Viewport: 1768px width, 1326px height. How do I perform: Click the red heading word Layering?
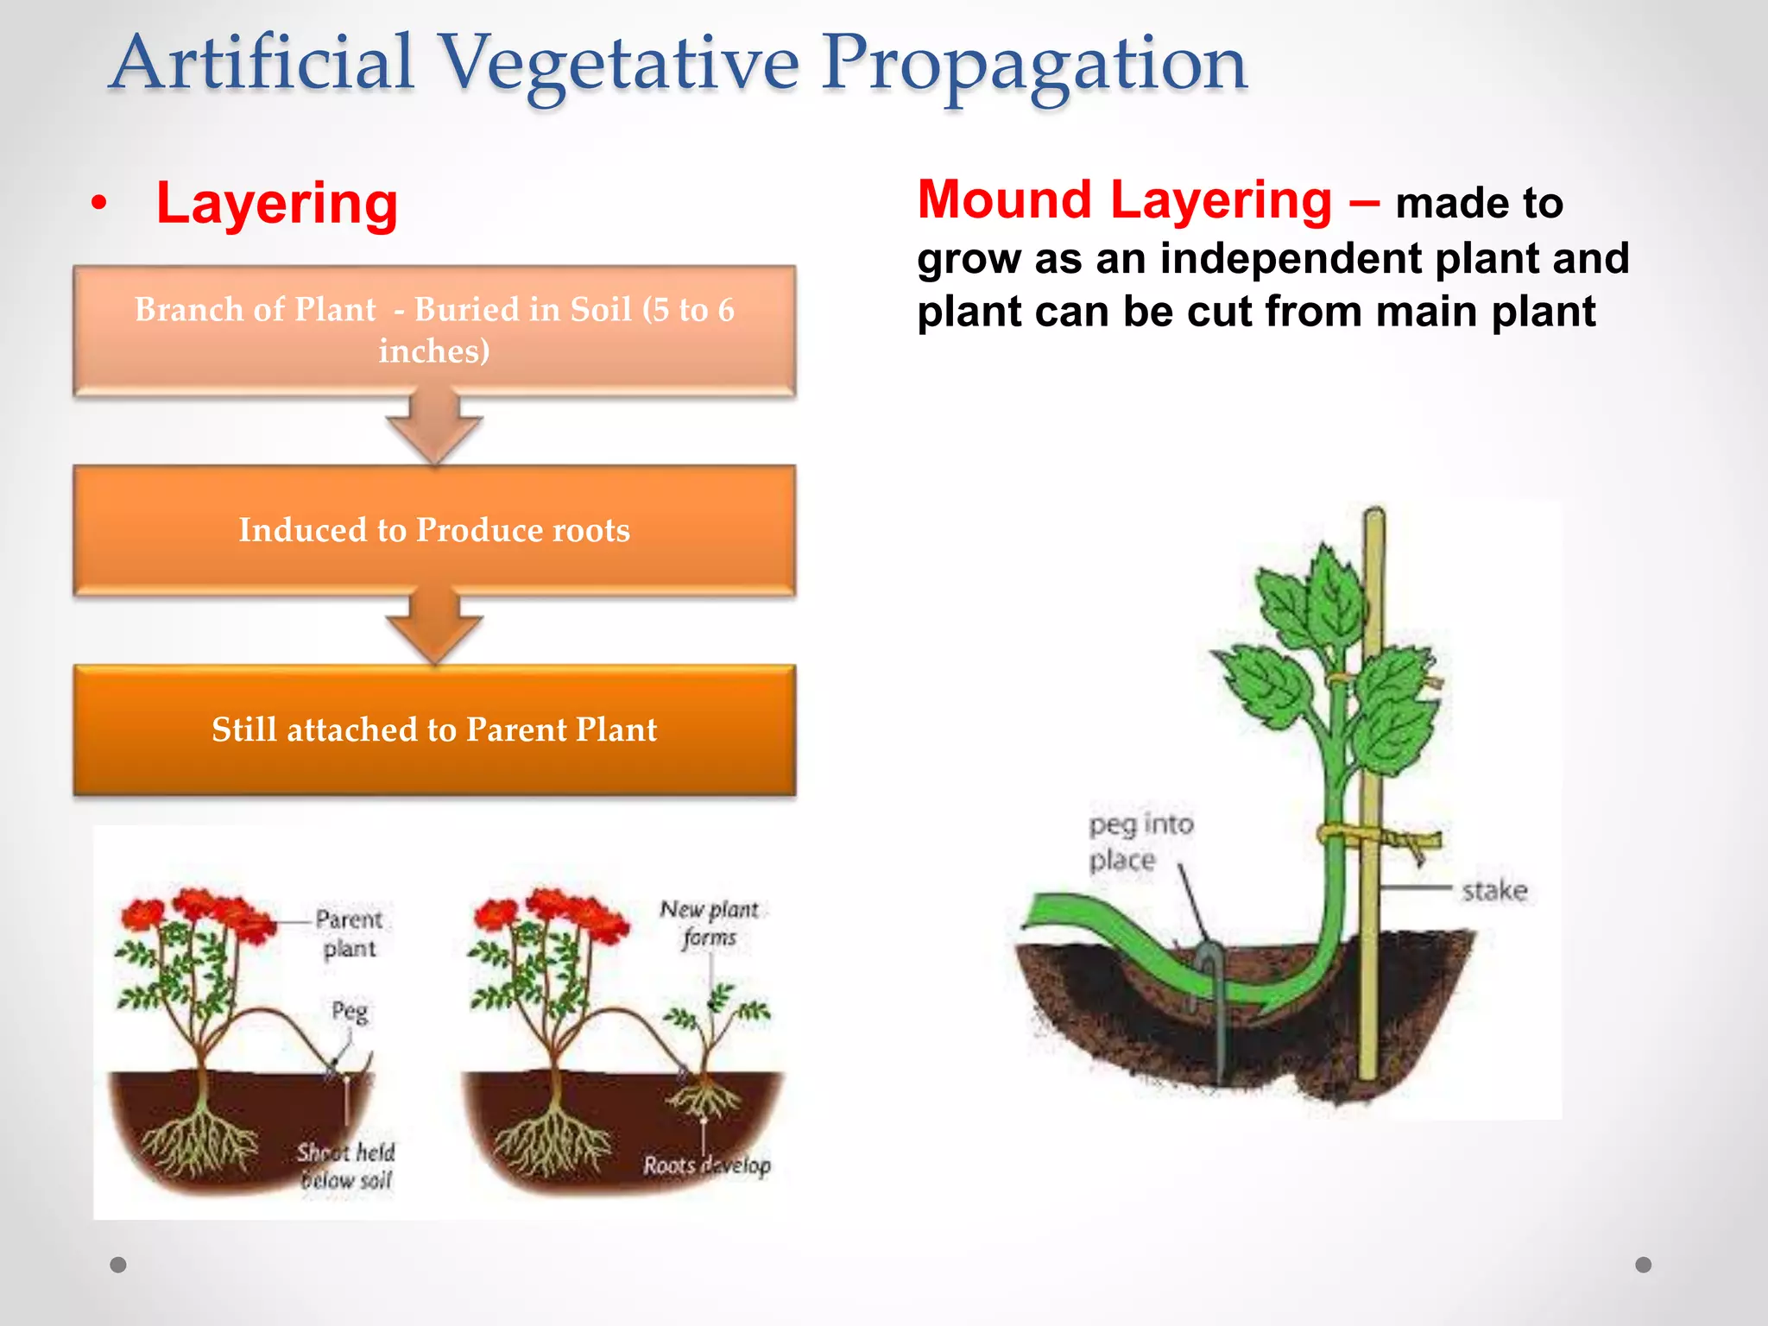(276, 204)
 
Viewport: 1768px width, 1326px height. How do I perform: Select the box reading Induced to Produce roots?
(434, 530)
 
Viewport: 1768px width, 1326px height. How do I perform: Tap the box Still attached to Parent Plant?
(434, 729)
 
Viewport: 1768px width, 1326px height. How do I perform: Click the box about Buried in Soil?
(434, 331)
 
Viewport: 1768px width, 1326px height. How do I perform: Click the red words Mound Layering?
(1124, 200)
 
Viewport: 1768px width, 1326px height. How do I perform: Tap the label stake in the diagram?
(1494, 890)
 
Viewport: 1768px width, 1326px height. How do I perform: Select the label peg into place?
(1140, 842)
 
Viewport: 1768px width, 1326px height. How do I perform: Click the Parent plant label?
(349, 933)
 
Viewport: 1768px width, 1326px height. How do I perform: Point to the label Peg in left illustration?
(350, 1010)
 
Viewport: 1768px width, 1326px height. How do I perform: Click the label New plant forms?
(709, 923)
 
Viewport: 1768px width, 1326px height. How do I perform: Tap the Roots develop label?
(706, 1165)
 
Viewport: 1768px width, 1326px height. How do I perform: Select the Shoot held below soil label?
(346, 1165)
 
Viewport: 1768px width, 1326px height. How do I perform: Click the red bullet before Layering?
(100, 205)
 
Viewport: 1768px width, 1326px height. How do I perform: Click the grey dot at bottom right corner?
(1643, 1265)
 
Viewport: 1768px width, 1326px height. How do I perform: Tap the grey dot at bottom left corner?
(118, 1265)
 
